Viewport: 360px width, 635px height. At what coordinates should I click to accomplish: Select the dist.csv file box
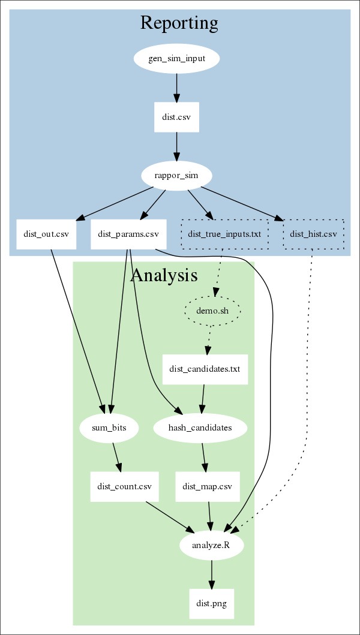tap(176, 118)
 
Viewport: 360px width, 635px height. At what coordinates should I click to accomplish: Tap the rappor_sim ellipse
tap(177, 176)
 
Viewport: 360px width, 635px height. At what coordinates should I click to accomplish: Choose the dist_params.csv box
tap(128, 234)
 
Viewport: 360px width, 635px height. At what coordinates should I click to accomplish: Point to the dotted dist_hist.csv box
tap(313, 234)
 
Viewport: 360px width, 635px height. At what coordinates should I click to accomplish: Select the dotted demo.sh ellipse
tap(213, 311)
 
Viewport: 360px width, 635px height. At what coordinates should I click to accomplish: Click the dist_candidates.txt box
tap(205, 369)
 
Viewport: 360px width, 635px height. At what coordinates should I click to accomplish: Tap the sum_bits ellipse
tap(110, 428)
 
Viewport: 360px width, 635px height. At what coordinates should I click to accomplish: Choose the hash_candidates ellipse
tap(200, 428)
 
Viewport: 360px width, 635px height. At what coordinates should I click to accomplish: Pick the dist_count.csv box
tap(125, 486)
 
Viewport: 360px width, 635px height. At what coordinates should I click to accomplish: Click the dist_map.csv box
tap(208, 486)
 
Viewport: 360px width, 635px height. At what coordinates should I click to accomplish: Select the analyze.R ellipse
tap(211, 545)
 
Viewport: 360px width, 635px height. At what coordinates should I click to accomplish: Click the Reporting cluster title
tap(179, 23)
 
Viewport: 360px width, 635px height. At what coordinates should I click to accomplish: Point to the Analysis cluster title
tap(163, 275)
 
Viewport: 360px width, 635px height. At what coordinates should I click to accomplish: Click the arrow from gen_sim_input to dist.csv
tap(176, 88)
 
